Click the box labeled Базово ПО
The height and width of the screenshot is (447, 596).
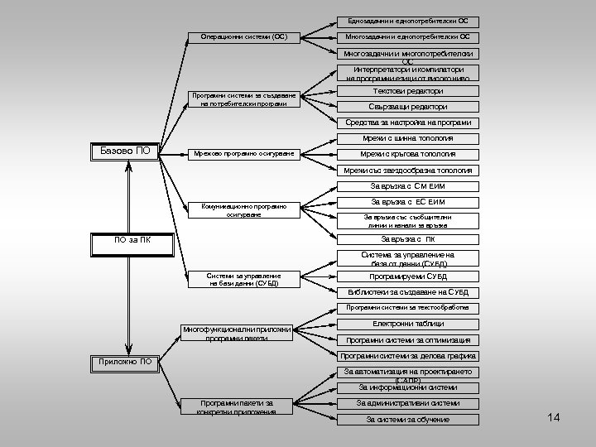pos(124,151)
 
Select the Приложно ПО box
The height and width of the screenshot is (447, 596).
pos(124,362)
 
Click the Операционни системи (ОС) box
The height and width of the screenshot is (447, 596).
pos(243,37)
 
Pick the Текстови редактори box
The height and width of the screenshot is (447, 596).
pos(408,91)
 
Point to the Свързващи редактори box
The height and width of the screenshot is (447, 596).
pos(408,107)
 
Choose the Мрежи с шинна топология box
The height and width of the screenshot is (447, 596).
pos(408,138)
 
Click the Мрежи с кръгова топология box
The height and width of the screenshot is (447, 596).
pos(408,154)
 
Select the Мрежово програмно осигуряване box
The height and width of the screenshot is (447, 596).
pos(243,154)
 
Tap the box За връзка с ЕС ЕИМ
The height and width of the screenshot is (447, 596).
pos(408,202)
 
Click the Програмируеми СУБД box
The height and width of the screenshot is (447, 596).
pos(408,276)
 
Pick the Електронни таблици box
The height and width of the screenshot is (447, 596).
pos(408,324)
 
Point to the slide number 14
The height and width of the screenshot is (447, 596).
pos(554,417)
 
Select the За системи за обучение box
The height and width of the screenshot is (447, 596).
pos(408,420)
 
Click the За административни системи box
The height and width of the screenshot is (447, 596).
pos(408,403)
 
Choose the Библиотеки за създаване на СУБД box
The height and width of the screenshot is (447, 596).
pos(408,292)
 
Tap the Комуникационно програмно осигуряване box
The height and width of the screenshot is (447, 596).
pos(243,209)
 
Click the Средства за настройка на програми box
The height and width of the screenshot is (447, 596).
pos(408,123)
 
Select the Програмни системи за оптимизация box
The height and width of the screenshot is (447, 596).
pos(408,340)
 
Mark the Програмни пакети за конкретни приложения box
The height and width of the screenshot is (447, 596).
pos(236,406)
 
